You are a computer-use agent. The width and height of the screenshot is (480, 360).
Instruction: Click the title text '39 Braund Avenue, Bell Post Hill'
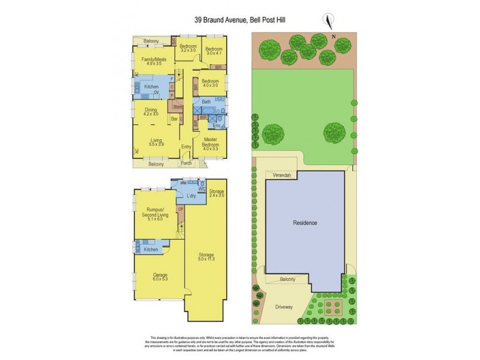[x=239, y=19]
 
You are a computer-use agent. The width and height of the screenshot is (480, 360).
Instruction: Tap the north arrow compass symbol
[x=328, y=21]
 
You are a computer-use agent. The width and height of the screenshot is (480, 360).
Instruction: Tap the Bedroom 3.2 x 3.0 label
[x=188, y=49]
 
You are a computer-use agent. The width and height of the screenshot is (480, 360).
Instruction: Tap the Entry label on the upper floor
[x=186, y=146]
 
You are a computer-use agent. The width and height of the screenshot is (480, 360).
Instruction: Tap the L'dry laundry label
[x=192, y=197]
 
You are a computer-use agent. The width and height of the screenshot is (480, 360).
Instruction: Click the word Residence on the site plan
[x=305, y=223]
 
